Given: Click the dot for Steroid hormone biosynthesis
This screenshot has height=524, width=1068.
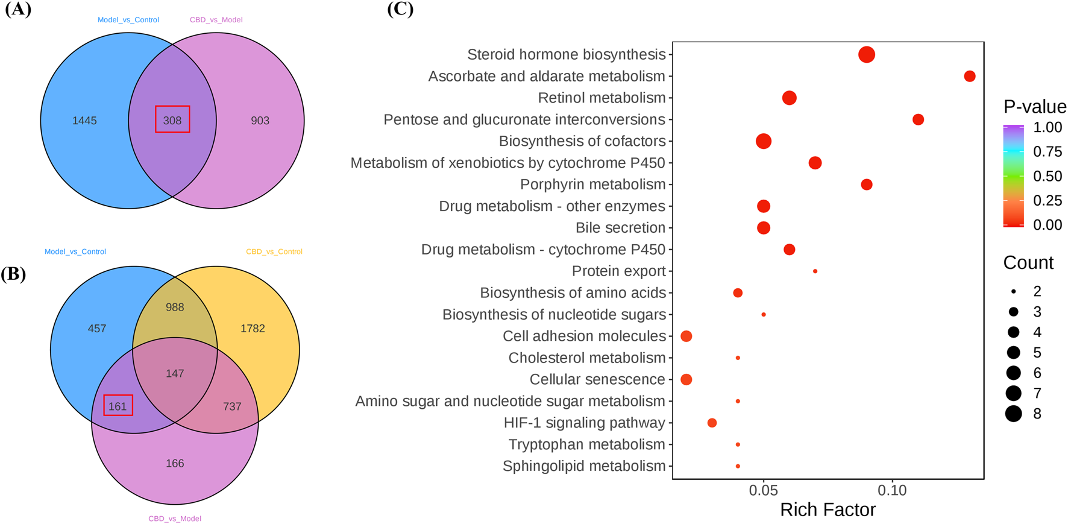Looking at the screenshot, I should tap(866, 55).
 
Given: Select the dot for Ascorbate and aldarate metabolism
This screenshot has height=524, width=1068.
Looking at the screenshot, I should tap(969, 76).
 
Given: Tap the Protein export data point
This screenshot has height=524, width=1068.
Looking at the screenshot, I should tap(815, 271).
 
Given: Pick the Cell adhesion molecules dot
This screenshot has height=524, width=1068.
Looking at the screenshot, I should tap(686, 336).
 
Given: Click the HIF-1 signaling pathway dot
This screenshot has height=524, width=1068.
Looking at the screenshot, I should tap(712, 423).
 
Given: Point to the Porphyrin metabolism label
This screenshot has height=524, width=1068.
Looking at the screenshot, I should tap(592, 185).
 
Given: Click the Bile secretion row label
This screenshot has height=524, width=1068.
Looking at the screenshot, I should tap(620, 228).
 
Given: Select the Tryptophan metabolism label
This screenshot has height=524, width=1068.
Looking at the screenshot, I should tap(586, 444).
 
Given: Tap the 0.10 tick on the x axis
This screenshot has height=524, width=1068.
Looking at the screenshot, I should tap(892, 491).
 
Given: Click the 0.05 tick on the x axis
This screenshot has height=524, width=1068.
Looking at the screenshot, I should tap(763, 491).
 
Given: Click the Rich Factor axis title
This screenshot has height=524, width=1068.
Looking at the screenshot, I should tap(828, 510).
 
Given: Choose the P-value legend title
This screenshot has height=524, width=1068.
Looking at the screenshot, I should tap(1034, 107).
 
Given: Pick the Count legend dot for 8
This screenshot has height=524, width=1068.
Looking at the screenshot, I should tap(1014, 414).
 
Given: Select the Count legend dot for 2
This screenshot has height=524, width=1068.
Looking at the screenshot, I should tap(1014, 291).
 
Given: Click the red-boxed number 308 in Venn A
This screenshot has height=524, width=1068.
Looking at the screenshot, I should tap(172, 120).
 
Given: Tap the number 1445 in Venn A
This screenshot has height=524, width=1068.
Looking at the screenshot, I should tap(84, 121).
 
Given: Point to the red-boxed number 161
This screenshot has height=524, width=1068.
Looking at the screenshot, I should tap(118, 406).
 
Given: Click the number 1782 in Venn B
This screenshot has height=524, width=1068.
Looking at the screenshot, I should tap(253, 329).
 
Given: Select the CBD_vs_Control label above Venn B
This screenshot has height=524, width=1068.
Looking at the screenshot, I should tap(274, 251).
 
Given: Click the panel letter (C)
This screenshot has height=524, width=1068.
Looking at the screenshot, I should tap(400, 9).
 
